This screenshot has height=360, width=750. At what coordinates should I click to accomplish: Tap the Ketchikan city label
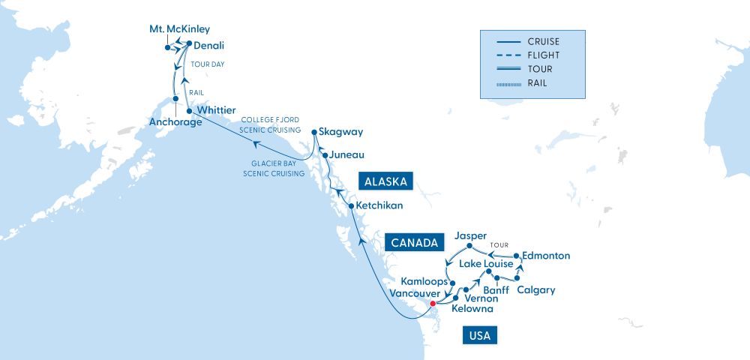coord(380,205)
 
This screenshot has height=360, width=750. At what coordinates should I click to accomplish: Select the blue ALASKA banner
coord(383,181)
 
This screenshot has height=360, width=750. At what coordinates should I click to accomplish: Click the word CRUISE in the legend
coord(544,42)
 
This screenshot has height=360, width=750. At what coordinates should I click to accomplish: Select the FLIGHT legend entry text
coord(543,55)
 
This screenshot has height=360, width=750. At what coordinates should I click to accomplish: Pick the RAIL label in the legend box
coord(537,82)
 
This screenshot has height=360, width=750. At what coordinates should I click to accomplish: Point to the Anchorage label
coord(175,122)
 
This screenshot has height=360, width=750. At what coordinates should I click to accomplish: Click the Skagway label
coord(340,132)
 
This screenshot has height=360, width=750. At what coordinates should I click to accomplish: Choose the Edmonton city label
coord(547,256)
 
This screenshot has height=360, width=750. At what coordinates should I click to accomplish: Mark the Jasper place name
coord(471,235)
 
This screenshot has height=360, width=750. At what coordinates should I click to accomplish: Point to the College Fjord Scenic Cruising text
coord(271,124)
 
